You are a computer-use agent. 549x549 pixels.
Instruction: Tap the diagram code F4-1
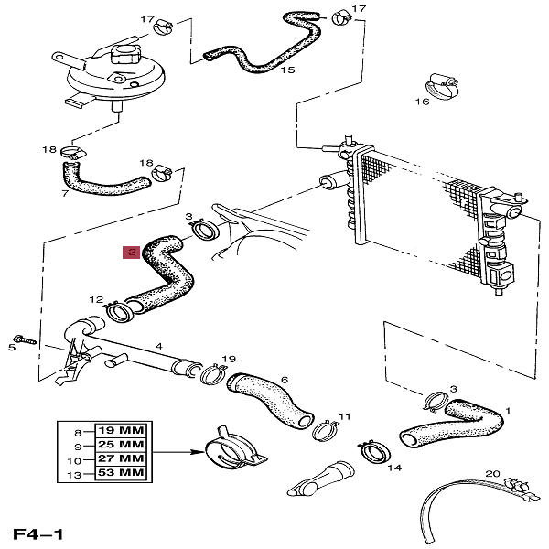pyautogui.click(x=38, y=533)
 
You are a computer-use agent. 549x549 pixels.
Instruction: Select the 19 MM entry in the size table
pyautogui.click(x=122, y=429)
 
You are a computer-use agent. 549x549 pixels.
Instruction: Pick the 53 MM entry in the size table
pyautogui.click(x=122, y=472)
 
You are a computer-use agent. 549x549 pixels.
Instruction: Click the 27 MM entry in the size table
pyautogui.click(x=122, y=457)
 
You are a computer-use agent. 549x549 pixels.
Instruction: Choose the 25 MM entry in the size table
pyautogui.click(x=122, y=444)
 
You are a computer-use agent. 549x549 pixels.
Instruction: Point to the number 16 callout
pyautogui.click(x=423, y=102)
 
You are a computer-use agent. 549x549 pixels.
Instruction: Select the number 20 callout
pyautogui.click(x=492, y=474)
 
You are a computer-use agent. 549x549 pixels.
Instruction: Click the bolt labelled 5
pyautogui.click(x=25, y=339)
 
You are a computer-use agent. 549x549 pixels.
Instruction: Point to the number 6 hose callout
pyautogui.click(x=285, y=380)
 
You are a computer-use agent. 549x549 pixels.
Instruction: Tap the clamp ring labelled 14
pyautogui.click(x=373, y=449)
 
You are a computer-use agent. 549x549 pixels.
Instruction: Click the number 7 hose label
pyautogui.click(x=64, y=194)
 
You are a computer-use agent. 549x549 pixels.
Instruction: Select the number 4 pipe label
pyautogui.click(x=158, y=346)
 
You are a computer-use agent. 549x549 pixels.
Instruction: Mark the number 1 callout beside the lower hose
pyautogui.click(x=508, y=412)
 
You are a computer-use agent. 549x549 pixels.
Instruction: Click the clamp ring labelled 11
pyautogui.click(x=324, y=431)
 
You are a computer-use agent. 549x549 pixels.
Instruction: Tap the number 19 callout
pyautogui.click(x=229, y=359)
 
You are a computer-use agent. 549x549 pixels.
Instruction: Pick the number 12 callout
pyautogui.click(x=96, y=299)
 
